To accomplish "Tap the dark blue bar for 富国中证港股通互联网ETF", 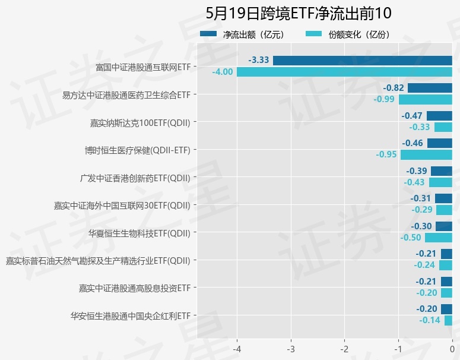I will (362, 60).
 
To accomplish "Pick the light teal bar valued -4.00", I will (344, 72).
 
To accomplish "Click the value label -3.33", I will (259, 60).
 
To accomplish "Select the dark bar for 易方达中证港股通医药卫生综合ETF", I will (429, 88).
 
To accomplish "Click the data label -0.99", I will (385, 99).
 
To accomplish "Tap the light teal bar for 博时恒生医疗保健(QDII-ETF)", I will (426, 154).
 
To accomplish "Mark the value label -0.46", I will (413, 143).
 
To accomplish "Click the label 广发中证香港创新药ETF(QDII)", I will (135, 177).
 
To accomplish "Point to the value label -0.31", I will (421, 198).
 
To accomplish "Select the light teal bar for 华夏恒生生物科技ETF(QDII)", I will (438, 238).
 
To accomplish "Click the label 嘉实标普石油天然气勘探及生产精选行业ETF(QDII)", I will (98, 260).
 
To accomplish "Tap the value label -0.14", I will (430, 320).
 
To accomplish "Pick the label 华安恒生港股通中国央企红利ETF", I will (130, 315).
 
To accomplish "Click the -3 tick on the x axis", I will (291, 348).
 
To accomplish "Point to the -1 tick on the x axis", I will (398, 348).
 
